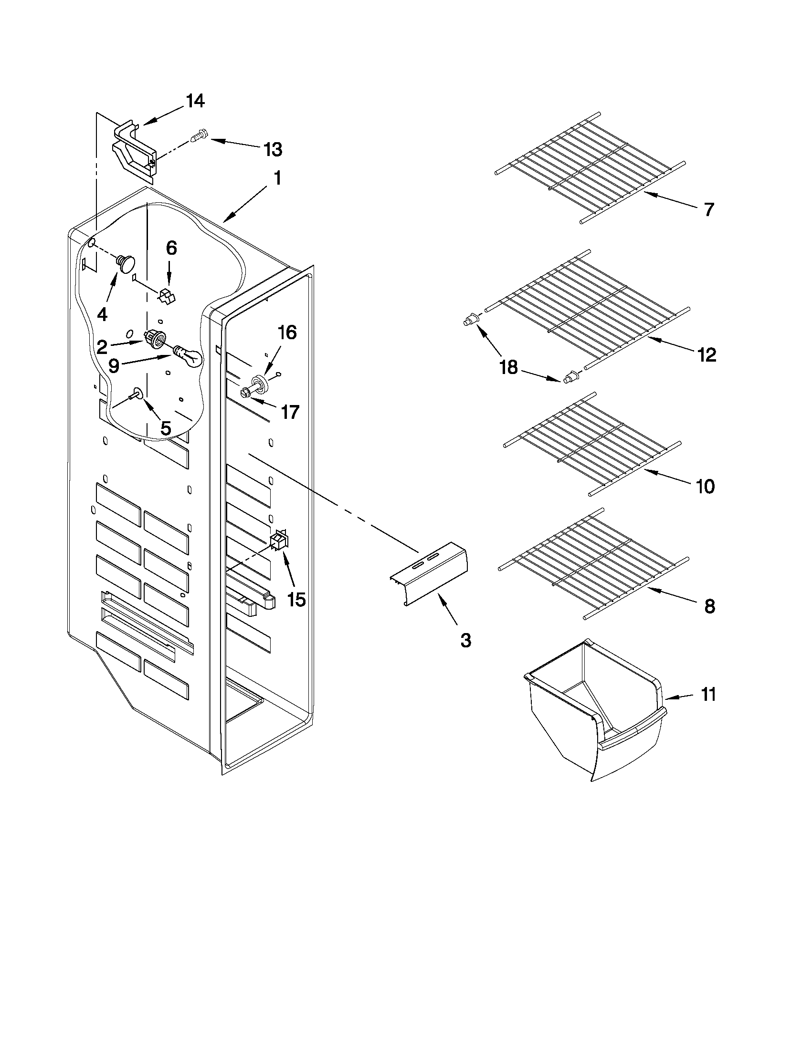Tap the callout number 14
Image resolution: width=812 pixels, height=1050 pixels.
(x=195, y=101)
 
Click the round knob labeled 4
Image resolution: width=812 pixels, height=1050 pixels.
(x=127, y=263)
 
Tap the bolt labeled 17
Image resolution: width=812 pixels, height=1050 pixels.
(x=245, y=392)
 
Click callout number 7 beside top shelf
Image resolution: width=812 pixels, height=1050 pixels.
(x=708, y=210)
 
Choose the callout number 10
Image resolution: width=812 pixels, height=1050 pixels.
(x=706, y=487)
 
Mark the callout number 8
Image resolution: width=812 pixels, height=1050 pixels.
(x=709, y=606)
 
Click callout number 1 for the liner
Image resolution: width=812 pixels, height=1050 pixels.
(x=277, y=178)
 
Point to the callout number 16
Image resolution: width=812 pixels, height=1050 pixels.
(x=287, y=333)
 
